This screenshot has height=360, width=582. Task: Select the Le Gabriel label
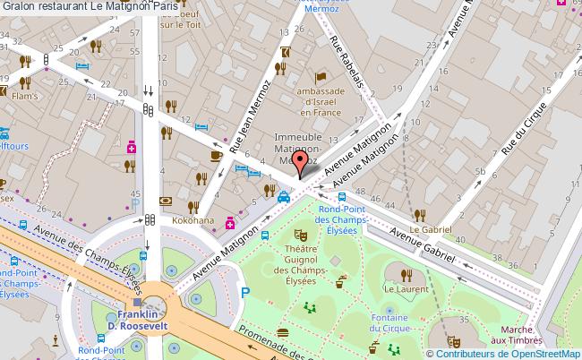[x=428, y=215]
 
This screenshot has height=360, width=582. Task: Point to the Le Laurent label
[x=404, y=290]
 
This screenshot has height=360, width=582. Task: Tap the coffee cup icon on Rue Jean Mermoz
[x=215, y=155]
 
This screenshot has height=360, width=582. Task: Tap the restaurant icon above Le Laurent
[x=406, y=274]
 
